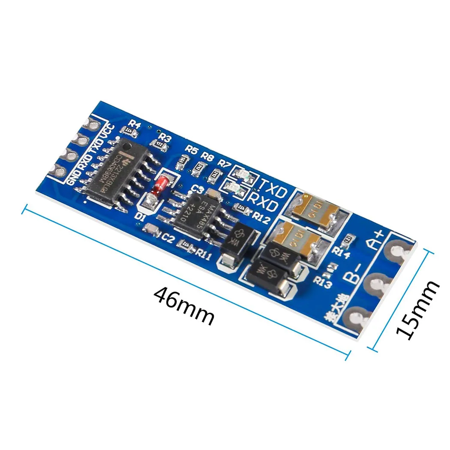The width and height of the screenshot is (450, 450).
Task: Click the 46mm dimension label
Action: tap(183, 306)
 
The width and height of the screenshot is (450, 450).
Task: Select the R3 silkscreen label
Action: tap(165, 138)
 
